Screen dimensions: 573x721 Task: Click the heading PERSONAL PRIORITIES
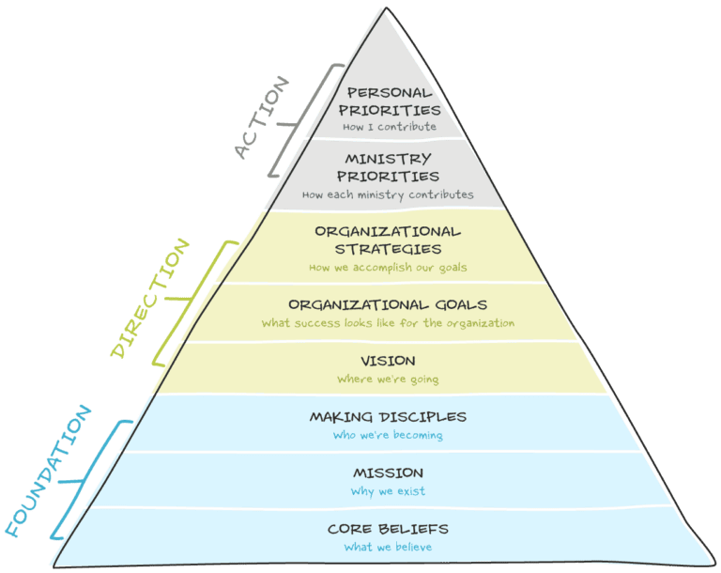(388, 101)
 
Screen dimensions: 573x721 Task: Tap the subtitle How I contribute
(388, 126)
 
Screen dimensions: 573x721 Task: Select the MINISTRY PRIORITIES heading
(388, 167)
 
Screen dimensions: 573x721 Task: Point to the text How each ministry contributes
(388, 195)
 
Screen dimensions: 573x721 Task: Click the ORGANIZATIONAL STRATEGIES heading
(388, 240)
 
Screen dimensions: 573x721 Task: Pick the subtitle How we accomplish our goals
(388, 268)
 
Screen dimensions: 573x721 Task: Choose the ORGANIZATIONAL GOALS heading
(388, 304)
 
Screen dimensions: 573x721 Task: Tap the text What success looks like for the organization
(388, 323)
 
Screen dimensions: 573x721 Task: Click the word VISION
(388, 361)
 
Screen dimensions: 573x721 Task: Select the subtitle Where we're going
(388, 379)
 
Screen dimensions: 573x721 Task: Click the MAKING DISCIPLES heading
(388, 417)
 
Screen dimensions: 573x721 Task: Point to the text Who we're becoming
(388, 435)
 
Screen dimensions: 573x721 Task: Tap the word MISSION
(388, 472)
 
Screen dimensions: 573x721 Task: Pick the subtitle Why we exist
(388, 490)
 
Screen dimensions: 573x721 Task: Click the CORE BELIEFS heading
(388, 529)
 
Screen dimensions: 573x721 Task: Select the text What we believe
(388, 548)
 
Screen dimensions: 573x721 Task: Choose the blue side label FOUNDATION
(49, 470)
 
